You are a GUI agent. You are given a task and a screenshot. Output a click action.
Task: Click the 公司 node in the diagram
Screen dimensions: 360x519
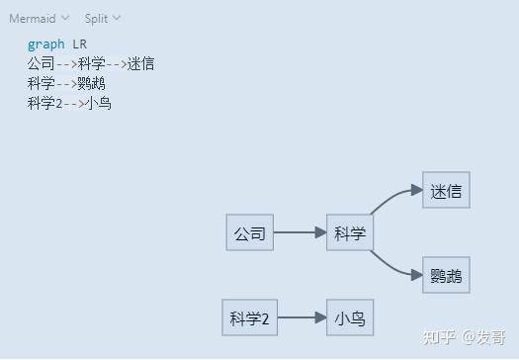[x=249, y=233]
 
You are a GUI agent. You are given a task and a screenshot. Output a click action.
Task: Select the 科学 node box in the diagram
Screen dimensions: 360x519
[x=350, y=233]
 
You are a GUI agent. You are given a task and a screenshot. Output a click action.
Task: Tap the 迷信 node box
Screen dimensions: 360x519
[x=446, y=191]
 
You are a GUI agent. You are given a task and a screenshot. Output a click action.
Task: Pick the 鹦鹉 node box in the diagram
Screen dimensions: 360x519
[x=446, y=276]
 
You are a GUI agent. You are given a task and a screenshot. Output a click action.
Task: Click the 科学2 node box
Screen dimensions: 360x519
[x=249, y=318]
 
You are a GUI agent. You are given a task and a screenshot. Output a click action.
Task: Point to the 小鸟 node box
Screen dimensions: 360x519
[x=350, y=318]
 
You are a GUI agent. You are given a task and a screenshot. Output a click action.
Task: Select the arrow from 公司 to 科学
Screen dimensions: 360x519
[x=300, y=233]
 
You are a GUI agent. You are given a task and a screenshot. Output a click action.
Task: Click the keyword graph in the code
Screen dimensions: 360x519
[x=46, y=45]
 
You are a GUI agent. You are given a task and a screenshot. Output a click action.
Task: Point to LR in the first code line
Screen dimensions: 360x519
[x=80, y=45]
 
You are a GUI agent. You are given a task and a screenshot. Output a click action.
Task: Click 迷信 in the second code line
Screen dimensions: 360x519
[x=140, y=64]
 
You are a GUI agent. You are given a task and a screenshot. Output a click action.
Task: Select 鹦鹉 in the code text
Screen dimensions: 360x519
[x=91, y=83]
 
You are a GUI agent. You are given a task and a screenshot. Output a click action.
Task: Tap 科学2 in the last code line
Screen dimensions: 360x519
[x=44, y=103]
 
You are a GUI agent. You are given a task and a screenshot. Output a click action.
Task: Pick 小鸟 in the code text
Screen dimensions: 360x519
[x=98, y=103]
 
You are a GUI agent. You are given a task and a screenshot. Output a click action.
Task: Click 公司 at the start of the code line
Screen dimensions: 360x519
[x=42, y=64]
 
